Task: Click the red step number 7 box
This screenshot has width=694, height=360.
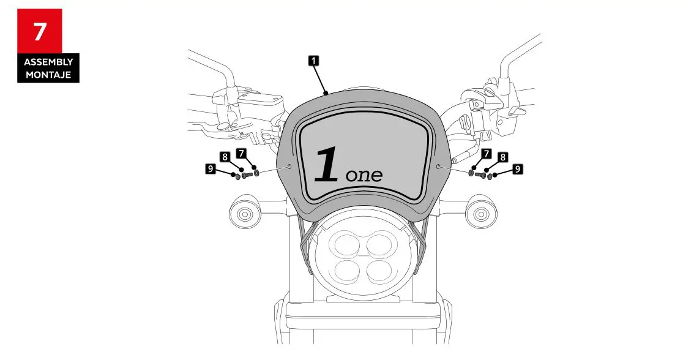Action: pos(39,31)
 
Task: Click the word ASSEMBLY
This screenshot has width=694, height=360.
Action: pos(48,62)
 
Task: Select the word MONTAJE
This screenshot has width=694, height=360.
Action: pos(48,74)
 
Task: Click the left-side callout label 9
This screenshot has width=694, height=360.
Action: pos(211,168)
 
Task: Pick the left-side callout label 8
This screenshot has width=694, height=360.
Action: pos(225,157)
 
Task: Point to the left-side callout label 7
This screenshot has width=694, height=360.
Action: pos(241,152)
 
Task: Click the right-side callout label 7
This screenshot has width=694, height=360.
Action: pos(487,153)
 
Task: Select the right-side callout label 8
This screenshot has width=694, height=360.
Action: pos(502,157)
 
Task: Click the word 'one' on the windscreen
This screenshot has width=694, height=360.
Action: pos(364,174)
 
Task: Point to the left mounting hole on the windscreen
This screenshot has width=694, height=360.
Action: pos(289,167)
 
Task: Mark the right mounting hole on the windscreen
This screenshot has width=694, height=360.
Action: pos(439,167)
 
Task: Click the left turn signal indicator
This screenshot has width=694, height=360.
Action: pos(244,214)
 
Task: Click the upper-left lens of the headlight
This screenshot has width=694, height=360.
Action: pos(344,246)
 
